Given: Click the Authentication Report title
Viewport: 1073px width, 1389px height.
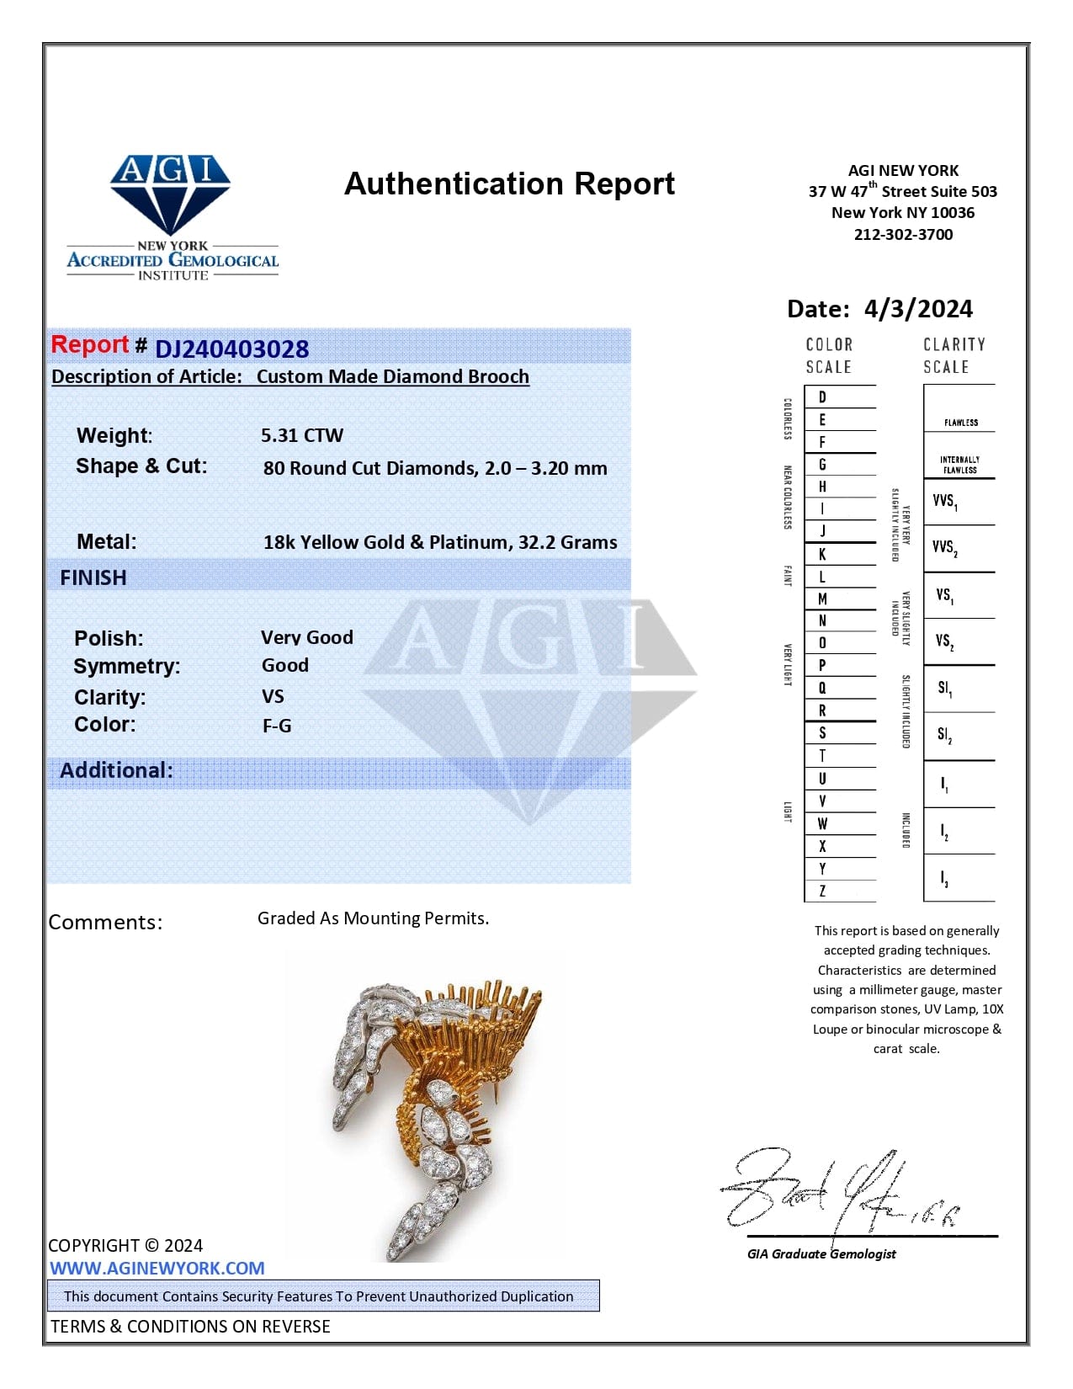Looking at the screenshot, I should (509, 184).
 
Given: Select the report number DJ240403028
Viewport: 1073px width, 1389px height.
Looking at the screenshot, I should (231, 349).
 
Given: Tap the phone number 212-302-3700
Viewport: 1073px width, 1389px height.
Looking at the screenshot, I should (903, 235).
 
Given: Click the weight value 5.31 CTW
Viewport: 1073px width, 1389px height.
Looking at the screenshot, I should (302, 435).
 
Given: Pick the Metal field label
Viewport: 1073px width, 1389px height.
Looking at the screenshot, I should (106, 541).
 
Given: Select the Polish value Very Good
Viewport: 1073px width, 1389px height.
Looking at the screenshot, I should (306, 637).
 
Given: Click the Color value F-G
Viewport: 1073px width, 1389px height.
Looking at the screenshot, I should (277, 726).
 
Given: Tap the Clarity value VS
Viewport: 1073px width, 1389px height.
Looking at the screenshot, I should (273, 696).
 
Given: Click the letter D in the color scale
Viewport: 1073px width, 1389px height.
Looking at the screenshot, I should (822, 396).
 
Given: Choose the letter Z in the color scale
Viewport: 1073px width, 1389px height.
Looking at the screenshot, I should (822, 891).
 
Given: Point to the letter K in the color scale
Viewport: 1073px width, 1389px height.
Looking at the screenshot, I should (822, 554).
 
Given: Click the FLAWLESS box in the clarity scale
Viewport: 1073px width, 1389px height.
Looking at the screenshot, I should (960, 422).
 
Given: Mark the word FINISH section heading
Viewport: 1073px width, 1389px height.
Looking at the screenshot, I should (93, 577).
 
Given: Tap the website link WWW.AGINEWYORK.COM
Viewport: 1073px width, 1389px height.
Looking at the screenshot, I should (157, 1268).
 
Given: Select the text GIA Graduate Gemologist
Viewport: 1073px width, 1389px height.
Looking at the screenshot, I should (821, 1253).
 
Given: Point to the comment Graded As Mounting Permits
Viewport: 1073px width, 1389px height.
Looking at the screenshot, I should (373, 918).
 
